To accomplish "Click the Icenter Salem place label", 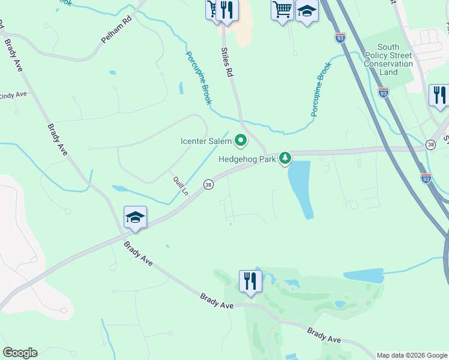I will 206,142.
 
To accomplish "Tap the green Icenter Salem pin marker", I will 241,141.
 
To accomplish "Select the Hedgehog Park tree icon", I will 286,158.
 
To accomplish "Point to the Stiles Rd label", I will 227,64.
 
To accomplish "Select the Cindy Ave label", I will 13,95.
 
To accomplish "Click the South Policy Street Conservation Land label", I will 388,59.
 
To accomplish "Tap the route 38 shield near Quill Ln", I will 208,184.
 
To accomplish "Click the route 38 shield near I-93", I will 430,145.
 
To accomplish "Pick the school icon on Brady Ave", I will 135,218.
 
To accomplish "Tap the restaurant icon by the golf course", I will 250,281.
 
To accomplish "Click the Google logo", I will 20,353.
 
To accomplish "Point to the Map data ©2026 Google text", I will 412,355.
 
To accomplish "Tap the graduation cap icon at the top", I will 307,11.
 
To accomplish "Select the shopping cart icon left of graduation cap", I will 282,10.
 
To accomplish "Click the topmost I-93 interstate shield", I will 340,37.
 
